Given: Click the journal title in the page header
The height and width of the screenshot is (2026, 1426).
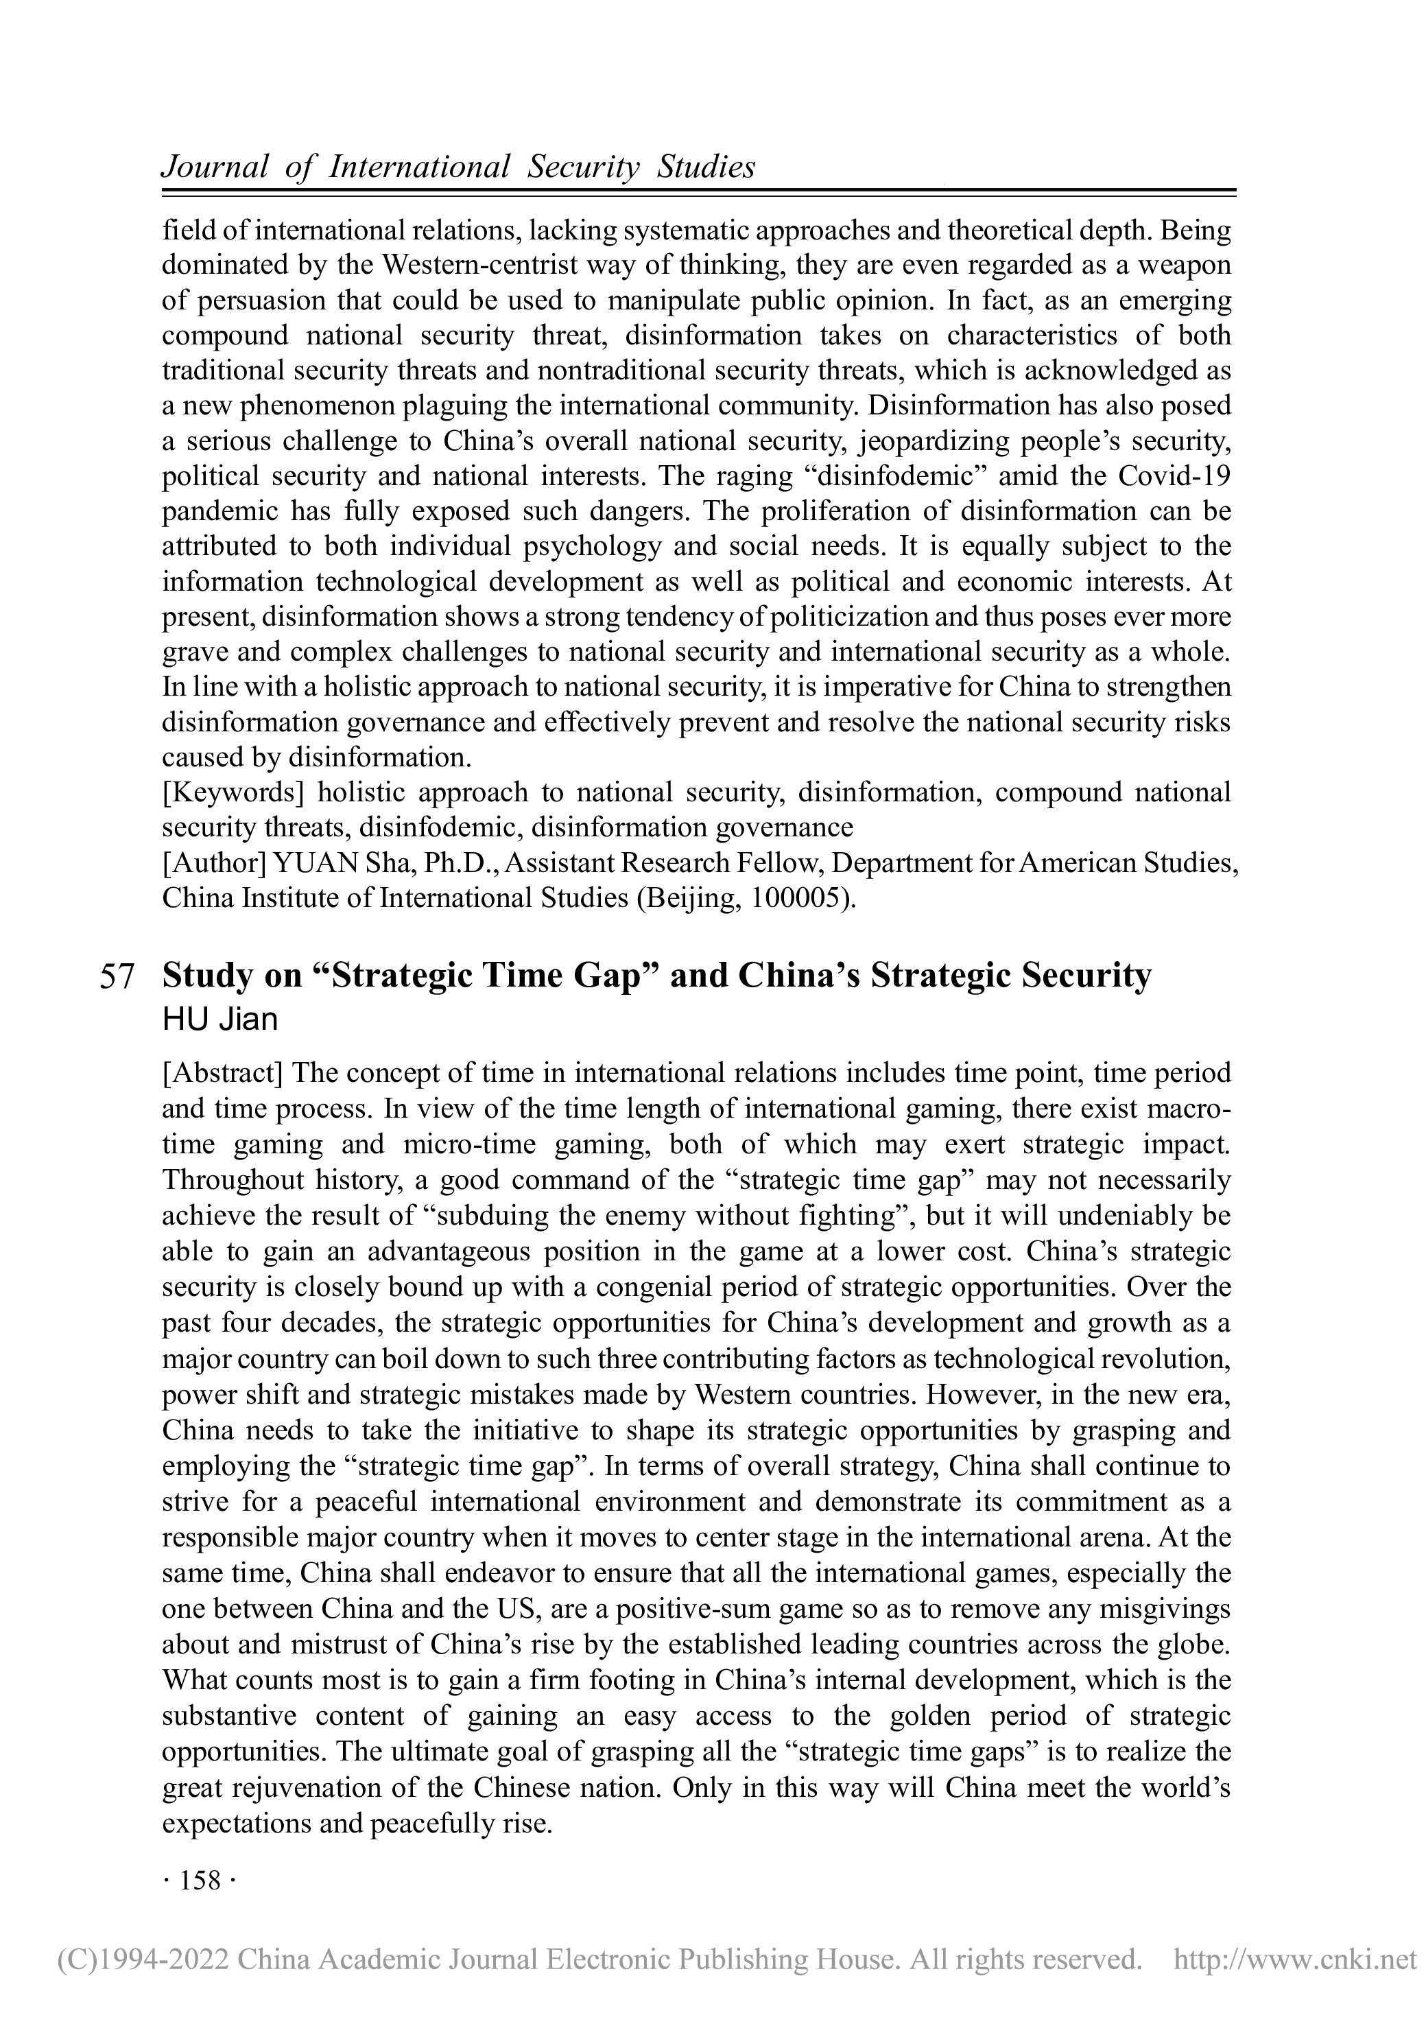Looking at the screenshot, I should [458, 167].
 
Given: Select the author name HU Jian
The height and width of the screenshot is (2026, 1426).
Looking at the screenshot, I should [219, 1020].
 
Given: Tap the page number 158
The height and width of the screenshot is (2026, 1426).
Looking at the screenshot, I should [200, 1881].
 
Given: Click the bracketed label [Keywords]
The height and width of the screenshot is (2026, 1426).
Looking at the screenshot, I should [233, 792].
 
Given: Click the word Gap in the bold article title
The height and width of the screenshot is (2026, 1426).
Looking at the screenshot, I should [609, 976].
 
